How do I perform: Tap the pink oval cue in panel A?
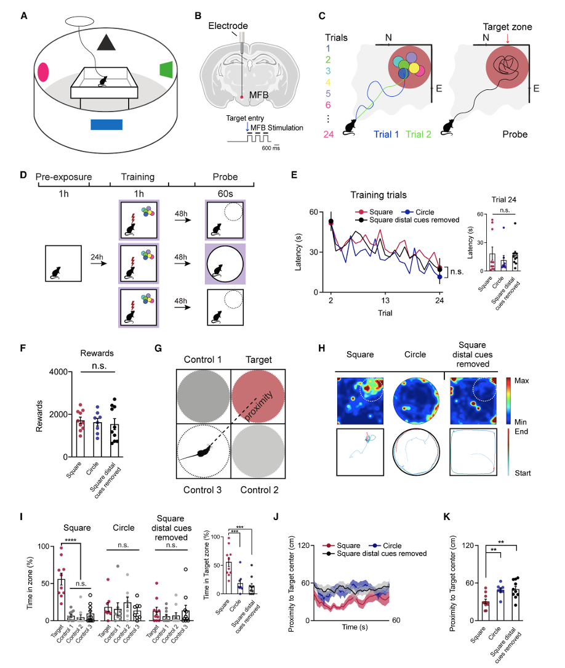(x=43, y=72)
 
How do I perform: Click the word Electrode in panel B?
(x=228, y=26)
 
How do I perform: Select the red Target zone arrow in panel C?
(x=506, y=39)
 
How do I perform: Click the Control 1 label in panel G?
(x=203, y=359)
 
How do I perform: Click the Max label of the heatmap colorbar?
(x=522, y=381)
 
